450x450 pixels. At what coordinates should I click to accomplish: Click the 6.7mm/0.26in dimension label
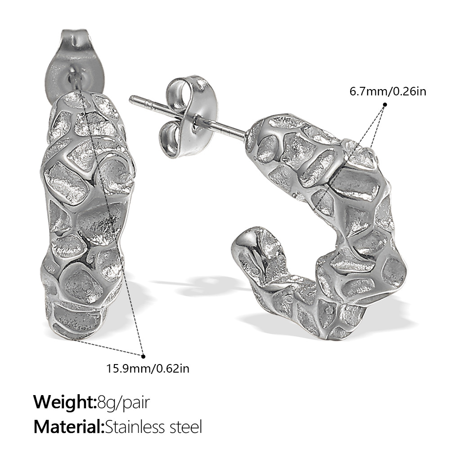tap(387, 91)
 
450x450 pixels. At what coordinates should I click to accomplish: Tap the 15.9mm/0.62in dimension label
tap(148, 369)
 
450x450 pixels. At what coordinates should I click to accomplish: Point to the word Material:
tap(69, 426)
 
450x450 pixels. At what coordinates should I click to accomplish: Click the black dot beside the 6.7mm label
tap(385, 104)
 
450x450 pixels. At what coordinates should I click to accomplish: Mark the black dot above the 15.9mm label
tap(143, 355)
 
